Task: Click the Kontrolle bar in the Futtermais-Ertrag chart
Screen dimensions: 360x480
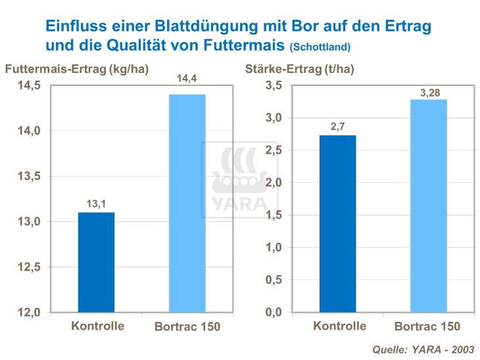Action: pos(96,262)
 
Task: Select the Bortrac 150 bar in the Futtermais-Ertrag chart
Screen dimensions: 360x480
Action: pos(187,203)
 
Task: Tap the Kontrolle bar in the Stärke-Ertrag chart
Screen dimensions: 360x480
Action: pos(337,223)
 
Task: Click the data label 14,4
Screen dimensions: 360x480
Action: pos(187,79)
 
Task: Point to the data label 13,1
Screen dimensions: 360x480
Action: pos(96,204)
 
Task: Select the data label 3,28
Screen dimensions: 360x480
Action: pos(429,92)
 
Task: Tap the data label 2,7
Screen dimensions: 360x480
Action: pos(337,127)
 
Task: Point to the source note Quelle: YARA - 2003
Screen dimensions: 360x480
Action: pos(423,349)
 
